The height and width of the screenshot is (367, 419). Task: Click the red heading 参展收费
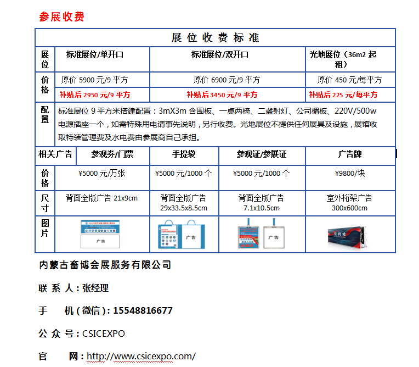coord(61,16)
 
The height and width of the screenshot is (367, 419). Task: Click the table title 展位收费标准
coord(215,38)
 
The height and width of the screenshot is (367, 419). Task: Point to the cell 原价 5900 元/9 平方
coord(95,80)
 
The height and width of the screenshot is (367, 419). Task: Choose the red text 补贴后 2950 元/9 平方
coord(95,94)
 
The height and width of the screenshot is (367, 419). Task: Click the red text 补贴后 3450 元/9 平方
coord(222,94)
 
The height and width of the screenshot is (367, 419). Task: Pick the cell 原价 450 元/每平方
coord(349,80)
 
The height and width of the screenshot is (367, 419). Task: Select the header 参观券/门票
coord(112,154)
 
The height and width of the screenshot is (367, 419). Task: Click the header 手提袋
coord(184,154)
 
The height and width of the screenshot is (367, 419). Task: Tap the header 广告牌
coord(349,154)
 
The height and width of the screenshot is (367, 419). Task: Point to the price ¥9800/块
coord(349,174)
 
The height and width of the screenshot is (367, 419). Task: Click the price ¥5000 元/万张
coord(102,174)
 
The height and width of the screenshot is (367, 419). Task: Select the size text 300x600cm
coord(349,208)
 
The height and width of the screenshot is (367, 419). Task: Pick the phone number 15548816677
coord(143,310)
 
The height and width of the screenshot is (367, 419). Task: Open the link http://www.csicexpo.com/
coord(141,356)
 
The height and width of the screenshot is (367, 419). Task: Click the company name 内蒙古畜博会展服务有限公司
coord(106,265)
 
